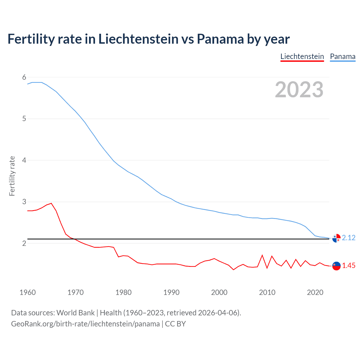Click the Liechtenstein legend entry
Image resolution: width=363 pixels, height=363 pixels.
(302, 56)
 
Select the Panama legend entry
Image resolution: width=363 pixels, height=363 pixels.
(343, 56)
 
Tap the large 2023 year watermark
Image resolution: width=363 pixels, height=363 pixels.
(299, 90)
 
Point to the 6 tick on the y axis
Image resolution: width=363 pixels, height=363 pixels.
(24, 77)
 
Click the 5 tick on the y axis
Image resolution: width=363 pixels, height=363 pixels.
(24, 119)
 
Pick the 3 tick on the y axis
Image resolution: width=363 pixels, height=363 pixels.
(24, 202)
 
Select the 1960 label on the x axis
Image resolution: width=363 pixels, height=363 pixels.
(28, 292)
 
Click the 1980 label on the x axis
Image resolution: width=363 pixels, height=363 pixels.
(123, 292)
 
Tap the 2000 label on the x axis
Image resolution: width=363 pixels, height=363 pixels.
(219, 292)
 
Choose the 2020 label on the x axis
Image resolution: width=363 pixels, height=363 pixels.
(315, 292)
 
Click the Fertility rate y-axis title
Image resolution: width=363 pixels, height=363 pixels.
(12, 176)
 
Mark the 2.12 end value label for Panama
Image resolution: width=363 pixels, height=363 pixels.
(349, 238)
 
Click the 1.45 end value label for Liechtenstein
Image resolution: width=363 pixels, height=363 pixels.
(349, 265)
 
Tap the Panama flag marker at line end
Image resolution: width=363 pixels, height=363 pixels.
(336, 238)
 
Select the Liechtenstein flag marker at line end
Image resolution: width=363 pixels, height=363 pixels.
(336, 266)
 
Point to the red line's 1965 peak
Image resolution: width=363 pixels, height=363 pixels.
(51, 203)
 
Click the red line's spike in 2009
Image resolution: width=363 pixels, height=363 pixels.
(262, 255)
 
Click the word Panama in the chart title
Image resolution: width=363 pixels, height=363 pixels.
(220, 39)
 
